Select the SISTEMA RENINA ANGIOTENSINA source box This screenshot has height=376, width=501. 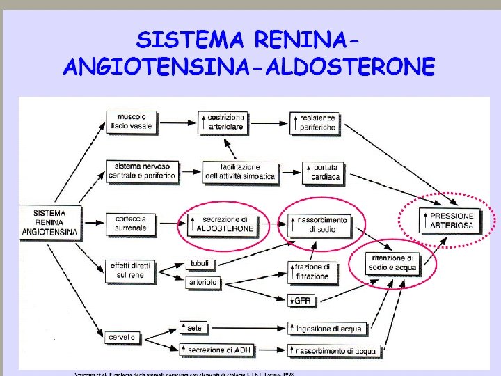click(49, 222)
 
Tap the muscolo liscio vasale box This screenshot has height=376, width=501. click(132, 122)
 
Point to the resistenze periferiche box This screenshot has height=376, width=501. click(317, 123)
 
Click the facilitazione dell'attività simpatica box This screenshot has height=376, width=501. click(240, 172)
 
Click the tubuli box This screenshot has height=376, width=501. click(201, 263)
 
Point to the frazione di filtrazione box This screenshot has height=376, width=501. click(313, 272)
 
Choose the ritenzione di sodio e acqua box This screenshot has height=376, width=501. click(394, 263)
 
